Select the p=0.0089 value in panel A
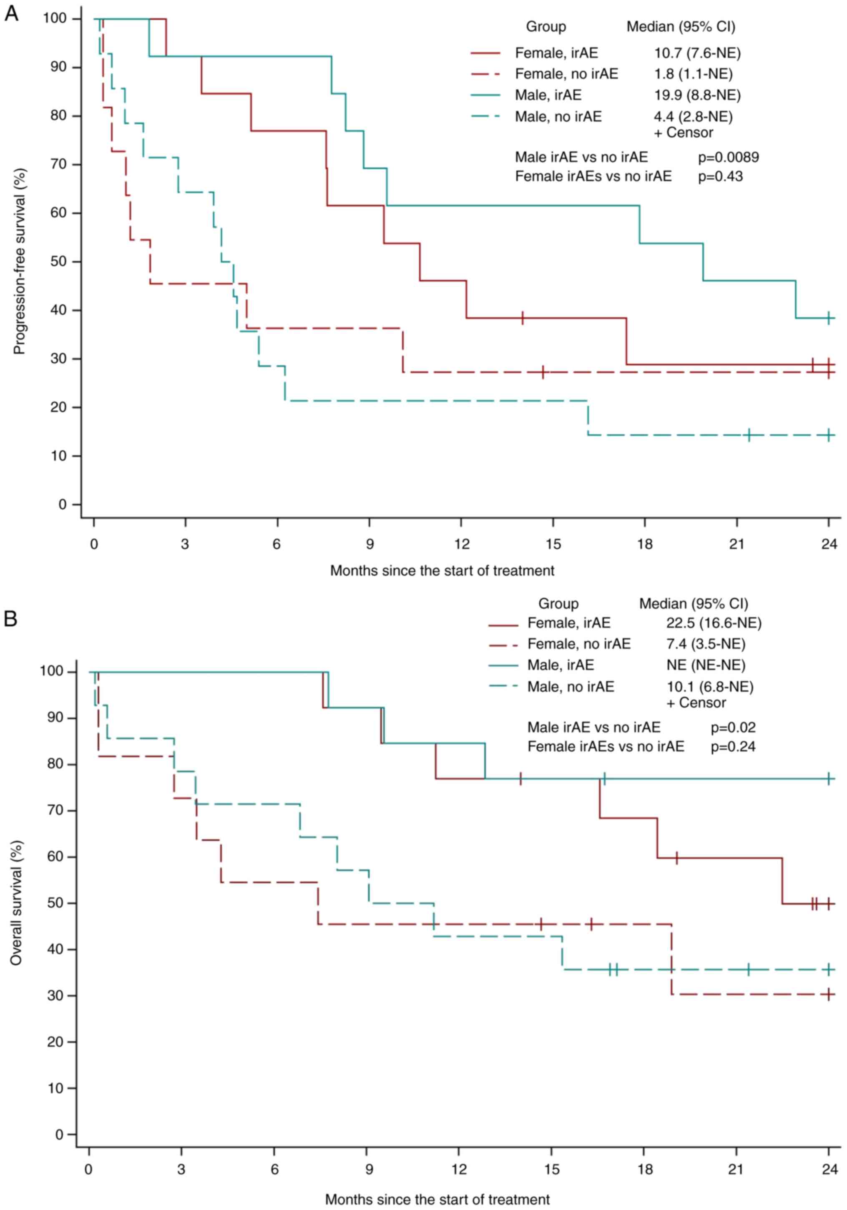point(729,157)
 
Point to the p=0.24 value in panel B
point(733,747)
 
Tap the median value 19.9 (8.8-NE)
point(697,95)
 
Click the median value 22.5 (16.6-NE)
point(714,623)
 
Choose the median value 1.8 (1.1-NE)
point(693,74)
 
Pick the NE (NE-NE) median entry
point(706,665)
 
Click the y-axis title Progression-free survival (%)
point(20,261)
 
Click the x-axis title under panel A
point(442,571)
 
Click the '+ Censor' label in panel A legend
point(683,133)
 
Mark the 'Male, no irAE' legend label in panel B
point(571,687)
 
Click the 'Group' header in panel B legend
point(558,604)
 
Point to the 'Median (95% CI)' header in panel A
point(681,27)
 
